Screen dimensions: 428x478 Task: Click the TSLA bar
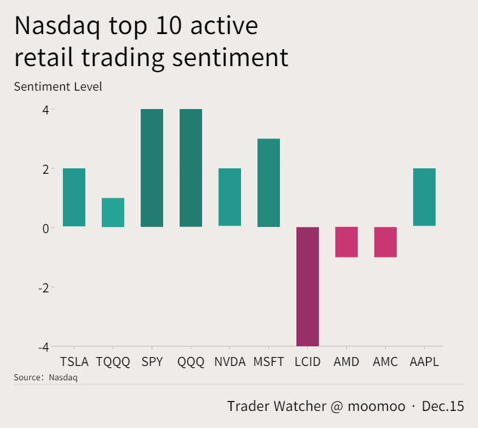click(x=74, y=197)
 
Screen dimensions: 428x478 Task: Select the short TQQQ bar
click(x=113, y=212)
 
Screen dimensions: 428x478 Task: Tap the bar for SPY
click(x=152, y=168)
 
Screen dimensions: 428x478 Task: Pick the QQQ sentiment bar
click(x=191, y=168)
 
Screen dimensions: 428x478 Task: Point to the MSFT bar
click(x=268, y=183)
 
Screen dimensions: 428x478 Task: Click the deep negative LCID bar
click(x=307, y=286)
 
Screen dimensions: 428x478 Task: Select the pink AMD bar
click(x=346, y=242)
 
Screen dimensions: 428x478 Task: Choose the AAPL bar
click(x=424, y=197)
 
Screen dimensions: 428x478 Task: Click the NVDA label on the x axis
click(x=229, y=362)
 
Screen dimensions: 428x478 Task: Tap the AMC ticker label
click(x=385, y=362)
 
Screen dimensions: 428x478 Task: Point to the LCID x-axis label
click(x=307, y=362)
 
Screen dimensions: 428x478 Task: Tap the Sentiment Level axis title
click(x=57, y=87)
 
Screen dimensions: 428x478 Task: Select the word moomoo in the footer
click(x=377, y=406)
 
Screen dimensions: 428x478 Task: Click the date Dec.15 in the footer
click(x=442, y=406)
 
